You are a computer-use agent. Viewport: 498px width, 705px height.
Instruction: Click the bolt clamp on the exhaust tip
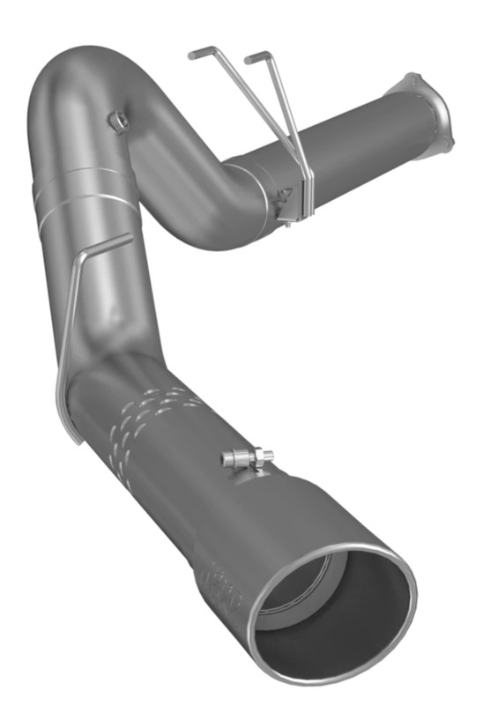point(248,458)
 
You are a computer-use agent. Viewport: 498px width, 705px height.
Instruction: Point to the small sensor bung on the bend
point(115,117)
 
